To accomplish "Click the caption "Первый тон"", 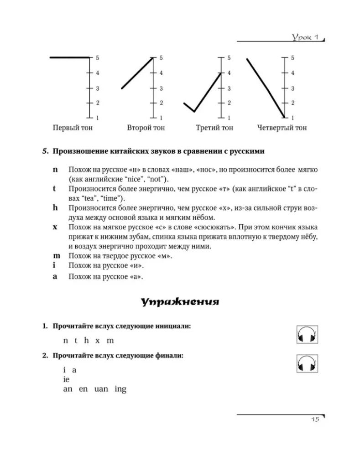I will coord(73,128).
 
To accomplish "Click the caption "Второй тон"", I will coord(146,128).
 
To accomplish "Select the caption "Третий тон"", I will coord(214,128).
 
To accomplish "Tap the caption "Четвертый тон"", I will coord(282,128).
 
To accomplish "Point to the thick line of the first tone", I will coord(69,57).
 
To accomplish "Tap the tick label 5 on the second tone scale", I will coord(161,58).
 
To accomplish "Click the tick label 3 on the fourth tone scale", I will coord(292,88).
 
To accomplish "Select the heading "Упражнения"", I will coord(179,302).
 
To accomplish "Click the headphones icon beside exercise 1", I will coord(307,335).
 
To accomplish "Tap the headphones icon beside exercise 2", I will coord(307,363).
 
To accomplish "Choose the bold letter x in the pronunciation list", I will coord(55,227).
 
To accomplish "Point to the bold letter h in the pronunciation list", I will coord(55,207).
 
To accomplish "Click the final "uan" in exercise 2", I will coord(102,389).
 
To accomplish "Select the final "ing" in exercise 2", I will coord(120,389).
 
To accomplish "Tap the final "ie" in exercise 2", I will coord(67,379).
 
